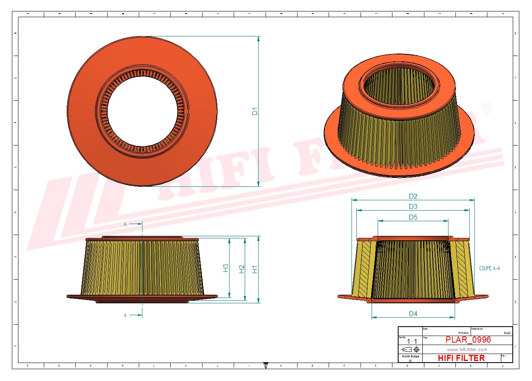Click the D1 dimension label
(255, 111)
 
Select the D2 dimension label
(413, 196)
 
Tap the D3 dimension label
(413, 206)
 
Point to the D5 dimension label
(413, 217)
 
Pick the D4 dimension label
(413, 314)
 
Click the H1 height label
(255, 269)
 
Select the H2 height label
(242, 269)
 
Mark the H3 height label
(226, 268)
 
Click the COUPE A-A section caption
(489, 268)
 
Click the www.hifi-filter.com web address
(467, 350)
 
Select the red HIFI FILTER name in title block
(461, 358)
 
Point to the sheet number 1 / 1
(412, 341)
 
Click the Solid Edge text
(410, 356)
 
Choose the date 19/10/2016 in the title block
(463, 333)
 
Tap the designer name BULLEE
(507, 333)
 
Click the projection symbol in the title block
(410, 350)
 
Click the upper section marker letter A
(126, 224)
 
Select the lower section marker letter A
(126, 315)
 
